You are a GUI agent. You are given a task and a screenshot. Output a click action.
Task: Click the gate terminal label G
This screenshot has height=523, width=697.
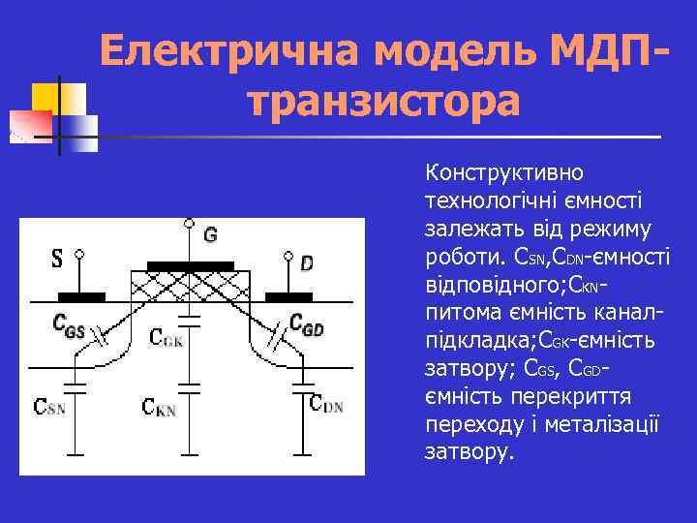click(210, 235)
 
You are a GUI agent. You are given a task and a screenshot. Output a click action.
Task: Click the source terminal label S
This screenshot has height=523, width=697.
click(57, 260)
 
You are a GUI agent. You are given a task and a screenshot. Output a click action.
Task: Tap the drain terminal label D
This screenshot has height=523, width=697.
click(307, 263)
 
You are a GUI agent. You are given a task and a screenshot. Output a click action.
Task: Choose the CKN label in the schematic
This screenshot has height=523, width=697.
click(159, 408)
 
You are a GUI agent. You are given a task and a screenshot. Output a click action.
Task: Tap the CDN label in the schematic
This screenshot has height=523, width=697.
click(325, 405)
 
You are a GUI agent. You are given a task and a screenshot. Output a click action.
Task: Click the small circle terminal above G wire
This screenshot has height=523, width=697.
click(190, 224)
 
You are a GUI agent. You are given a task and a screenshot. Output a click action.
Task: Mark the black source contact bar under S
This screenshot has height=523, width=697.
click(82, 296)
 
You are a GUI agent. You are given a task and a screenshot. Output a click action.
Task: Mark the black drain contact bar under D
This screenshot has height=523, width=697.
click(289, 296)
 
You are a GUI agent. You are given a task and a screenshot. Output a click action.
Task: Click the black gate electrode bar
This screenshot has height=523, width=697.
click(190, 265)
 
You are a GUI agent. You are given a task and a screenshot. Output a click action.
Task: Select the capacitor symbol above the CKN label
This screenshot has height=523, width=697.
click(190, 387)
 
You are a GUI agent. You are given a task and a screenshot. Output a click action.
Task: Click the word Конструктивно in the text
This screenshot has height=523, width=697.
click(503, 174)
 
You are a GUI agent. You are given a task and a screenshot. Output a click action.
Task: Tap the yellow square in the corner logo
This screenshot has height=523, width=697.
click(46, 99)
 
